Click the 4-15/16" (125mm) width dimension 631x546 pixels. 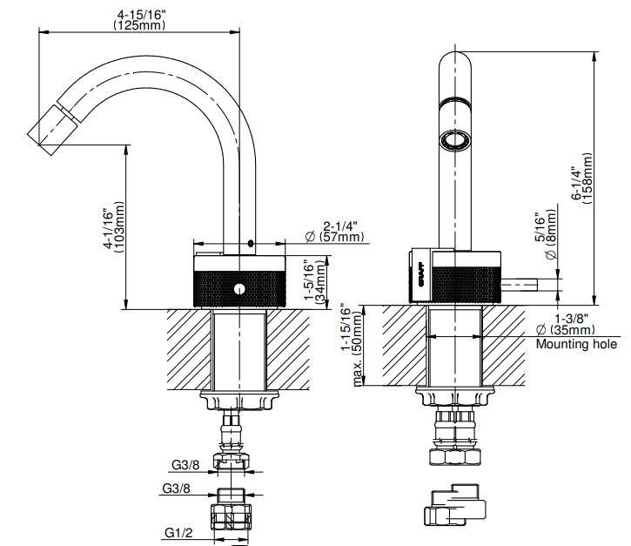(139, 19)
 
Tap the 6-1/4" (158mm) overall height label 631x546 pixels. (581, 184)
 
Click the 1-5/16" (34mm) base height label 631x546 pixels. (313, 280)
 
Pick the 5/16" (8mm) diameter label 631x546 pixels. (545, 235)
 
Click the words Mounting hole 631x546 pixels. (576, 345)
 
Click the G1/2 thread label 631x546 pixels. (177, 532)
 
